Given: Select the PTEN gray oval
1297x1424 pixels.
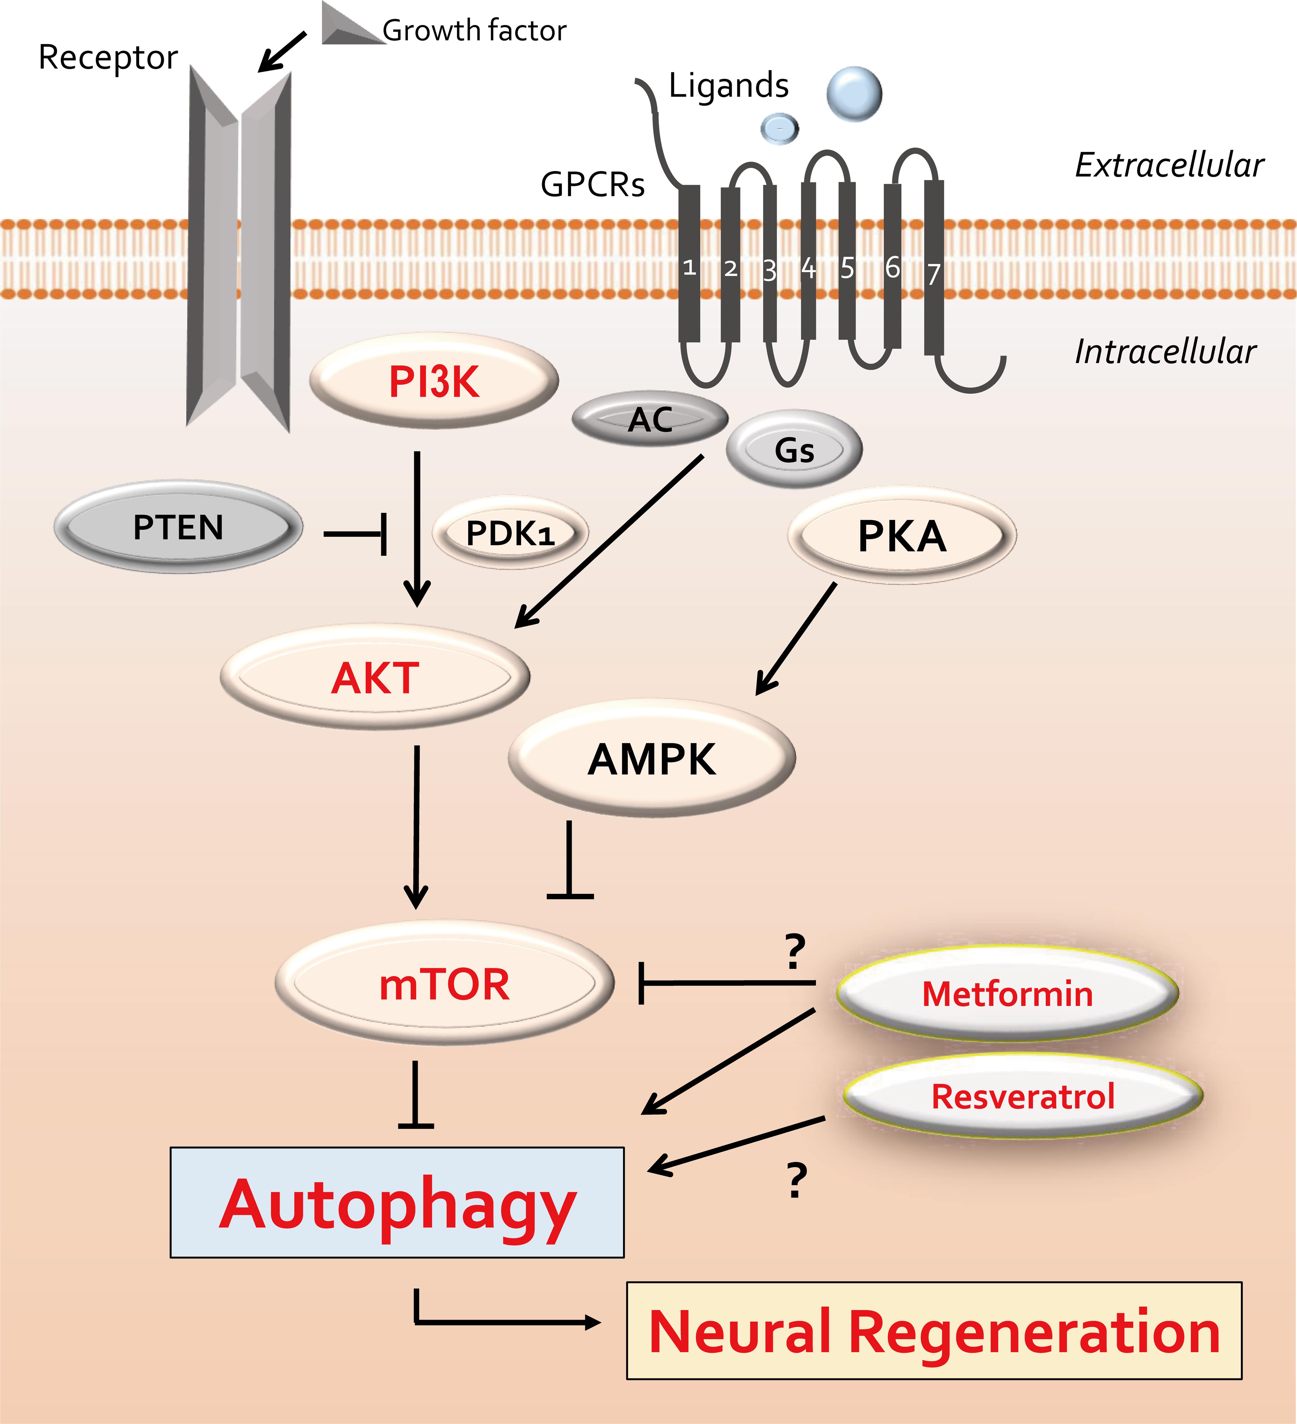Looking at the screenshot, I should pos(178,527).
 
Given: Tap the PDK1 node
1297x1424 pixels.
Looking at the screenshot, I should pos(510,532).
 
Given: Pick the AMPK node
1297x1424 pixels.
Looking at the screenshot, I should pos(651,759).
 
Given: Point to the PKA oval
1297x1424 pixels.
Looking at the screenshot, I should pos(901,535).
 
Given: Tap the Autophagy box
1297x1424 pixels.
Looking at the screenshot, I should pos(397,1202).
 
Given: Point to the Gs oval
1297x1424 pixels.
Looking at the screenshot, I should pos(794,450).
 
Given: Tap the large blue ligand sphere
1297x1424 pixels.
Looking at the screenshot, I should pos(854,93).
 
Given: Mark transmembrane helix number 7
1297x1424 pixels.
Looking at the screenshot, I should pos(934,268).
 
